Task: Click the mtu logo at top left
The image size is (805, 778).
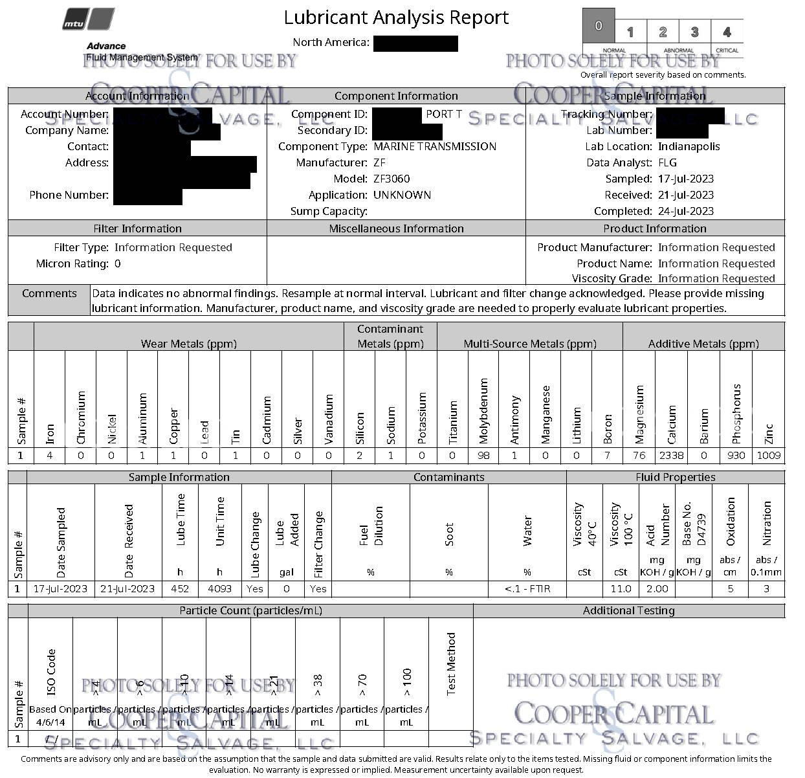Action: click(x=89, y=19)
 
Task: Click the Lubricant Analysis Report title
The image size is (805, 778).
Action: click(x=396, y=17)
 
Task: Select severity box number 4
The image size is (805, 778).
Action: click(x=727, y=32)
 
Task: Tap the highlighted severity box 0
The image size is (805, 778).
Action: click(x=599, y=26)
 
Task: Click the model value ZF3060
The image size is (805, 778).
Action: click(x=391, y=179)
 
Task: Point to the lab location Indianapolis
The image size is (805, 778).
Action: click(x=689, y=146)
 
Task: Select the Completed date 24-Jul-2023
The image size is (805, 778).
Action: click(x=686, y=211)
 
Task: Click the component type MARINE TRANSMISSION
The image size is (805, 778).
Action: click(x=435, y=146)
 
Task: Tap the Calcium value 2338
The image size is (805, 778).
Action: click(x=671, y=455)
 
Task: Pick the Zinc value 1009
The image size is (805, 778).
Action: click(x=768, y=455)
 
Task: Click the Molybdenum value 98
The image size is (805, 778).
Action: click(x=483, y=455)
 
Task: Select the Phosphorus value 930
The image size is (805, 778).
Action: click(x=736, y=455)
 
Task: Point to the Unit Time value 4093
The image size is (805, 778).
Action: click(x=219, y=588)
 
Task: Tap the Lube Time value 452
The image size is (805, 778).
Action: click(x=180, y=588)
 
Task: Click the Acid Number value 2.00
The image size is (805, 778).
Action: click(x=657, y=588)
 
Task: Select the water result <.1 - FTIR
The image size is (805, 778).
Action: click(x=527, y=588)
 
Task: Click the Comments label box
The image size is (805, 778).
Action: click(x=49, y=293)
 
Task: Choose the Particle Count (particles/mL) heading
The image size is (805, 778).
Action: click(x=250, y=610)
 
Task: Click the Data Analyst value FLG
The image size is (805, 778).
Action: click(x=667, y=162)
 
